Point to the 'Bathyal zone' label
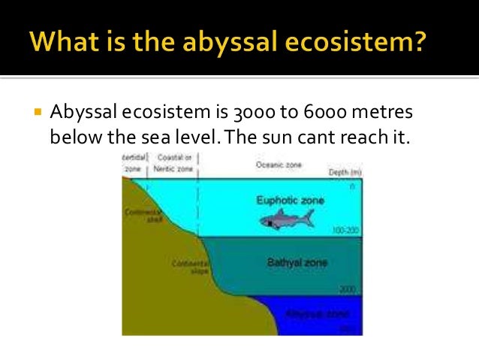coord(291,263)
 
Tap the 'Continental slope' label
coord(184,268)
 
